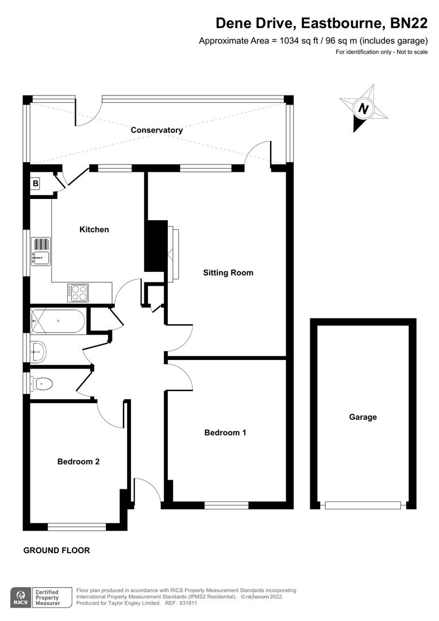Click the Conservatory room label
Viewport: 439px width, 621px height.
(x=156, y=130)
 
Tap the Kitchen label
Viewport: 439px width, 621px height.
(x=94, y=229)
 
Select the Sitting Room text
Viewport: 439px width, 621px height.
(x=228, y=273)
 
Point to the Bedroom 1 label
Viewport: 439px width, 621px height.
(x=225, y=432)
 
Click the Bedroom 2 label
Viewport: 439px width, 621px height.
(x=79, y=461)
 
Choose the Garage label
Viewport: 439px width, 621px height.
(x=363, y=417)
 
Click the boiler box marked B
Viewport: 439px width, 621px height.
(x=36, y=184)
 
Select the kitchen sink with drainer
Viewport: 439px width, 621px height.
(x=41, y=251)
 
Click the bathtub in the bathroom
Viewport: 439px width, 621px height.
(x=59, y=321)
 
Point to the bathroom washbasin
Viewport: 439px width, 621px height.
(x=38, y=350)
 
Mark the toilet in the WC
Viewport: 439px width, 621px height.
(x=41, y=383)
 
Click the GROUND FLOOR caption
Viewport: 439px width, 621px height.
(x=56, y=550)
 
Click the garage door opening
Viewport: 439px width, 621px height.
(x=363, y=505)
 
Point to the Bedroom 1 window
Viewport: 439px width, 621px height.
(x=226, y=505)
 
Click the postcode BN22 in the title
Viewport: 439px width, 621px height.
(x=409, y=23)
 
